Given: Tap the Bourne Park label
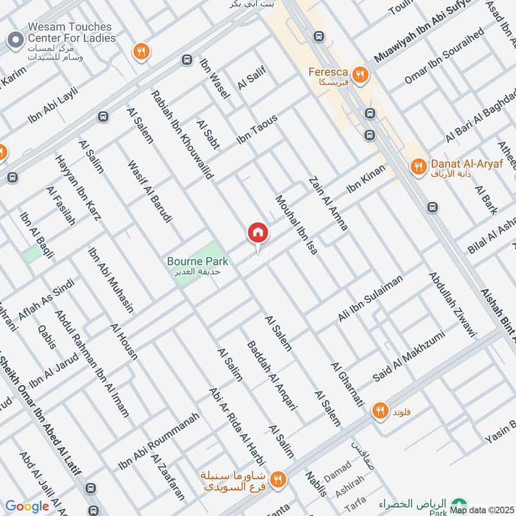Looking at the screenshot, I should pos(197,262).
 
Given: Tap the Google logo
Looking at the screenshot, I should pos(26,506).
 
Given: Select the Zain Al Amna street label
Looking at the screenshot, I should pos(328,204).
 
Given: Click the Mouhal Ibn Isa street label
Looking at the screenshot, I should pos(297,224).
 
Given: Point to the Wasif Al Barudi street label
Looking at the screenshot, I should pos(150,192).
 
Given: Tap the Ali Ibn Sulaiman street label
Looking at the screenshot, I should pos(370,298).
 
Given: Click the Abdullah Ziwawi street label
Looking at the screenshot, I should pos(451,304).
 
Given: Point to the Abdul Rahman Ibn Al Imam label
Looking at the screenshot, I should pos(92,364).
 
